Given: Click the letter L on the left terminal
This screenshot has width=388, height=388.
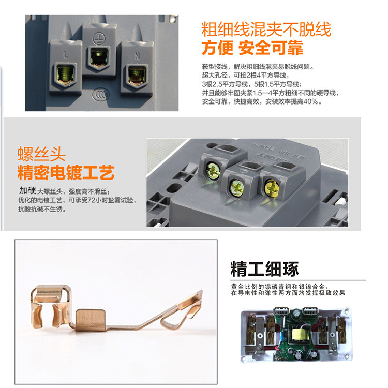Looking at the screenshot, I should click(x=66, y=54).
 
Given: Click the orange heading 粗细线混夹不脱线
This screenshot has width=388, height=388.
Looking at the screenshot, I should click(x=266, y=29).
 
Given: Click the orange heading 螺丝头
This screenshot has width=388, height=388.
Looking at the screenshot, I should click(x=41, y=153).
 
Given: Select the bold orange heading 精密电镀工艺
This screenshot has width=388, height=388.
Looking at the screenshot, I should click(x=66, y=172).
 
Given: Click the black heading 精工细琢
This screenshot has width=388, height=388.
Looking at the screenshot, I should click(x=264, y=270).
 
